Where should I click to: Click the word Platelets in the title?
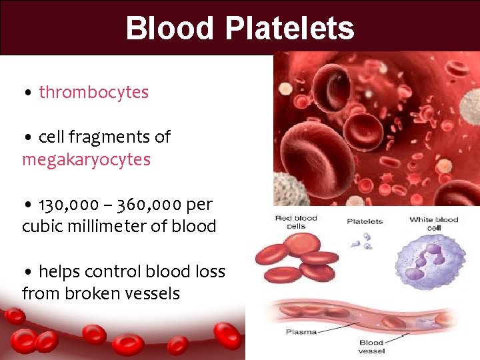289,28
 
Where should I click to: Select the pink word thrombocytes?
94,92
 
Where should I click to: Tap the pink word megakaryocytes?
86,160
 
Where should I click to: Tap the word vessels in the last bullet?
151,294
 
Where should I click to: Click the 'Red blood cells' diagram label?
295,223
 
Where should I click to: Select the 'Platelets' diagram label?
365,222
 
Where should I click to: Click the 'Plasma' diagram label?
301,332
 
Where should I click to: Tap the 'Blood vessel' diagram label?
371,347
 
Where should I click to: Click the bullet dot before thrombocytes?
27,93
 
